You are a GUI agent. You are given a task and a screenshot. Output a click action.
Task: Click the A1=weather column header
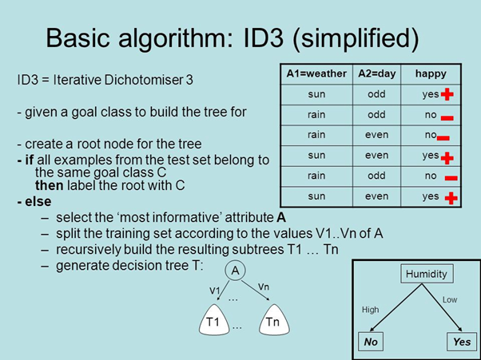[316, 73]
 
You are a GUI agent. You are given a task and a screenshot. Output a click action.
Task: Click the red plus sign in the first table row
[447, 95]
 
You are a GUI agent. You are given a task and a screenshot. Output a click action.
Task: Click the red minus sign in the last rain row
[451, 177]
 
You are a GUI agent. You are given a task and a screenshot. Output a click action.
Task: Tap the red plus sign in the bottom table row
[451, 197]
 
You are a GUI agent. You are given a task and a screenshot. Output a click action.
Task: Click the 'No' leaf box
[372, 342]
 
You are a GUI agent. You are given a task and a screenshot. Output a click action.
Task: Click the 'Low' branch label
[449, 299]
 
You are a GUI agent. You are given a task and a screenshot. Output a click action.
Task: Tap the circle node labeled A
[235, 271]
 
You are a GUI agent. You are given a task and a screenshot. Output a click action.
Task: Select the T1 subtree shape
[212, 321]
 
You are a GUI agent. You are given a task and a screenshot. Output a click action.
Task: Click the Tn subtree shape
[273, 321]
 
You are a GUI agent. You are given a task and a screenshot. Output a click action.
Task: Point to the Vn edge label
[264, 285]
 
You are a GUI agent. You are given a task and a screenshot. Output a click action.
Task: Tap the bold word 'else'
[36, 200]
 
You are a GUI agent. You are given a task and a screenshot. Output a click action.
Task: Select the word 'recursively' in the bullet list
[87, 248]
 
